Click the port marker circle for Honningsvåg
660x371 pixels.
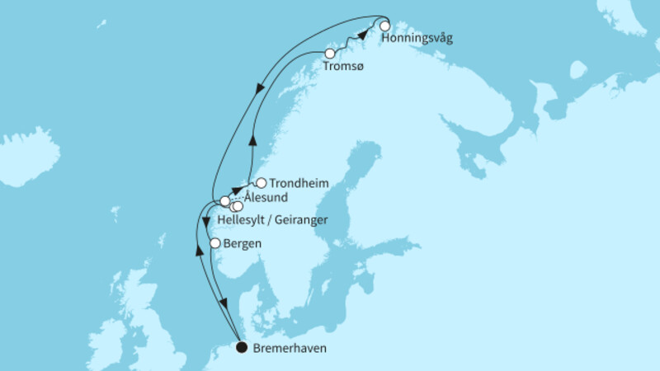click(384, 26)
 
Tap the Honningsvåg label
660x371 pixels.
click(418, 39)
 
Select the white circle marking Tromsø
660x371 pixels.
click(330, 54)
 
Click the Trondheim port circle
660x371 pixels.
click(261, 183)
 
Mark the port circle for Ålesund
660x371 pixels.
click(224, 201)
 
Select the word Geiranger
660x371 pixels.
click(302, 220)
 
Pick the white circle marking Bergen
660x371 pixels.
click(215, 243)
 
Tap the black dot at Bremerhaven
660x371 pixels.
click(241, 347)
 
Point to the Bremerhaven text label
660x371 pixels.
click(290, 349)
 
